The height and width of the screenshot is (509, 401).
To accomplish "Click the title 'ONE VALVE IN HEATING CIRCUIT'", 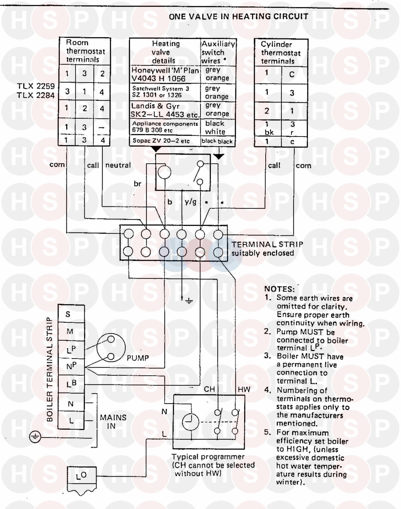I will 238,17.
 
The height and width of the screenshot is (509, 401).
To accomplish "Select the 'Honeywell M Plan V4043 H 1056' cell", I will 165,74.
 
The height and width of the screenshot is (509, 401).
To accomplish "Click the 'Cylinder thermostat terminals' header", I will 281,53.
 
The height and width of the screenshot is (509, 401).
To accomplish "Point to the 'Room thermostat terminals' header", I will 85,51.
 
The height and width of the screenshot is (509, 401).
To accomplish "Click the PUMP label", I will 138,358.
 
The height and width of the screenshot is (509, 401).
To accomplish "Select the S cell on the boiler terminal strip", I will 68,314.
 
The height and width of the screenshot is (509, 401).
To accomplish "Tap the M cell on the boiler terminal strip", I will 70,332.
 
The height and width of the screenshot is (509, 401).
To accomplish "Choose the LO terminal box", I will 81,475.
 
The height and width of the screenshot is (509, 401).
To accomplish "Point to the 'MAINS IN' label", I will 113,422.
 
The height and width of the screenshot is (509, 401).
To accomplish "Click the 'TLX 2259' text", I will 36,86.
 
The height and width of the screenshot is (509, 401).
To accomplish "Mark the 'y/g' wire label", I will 190,202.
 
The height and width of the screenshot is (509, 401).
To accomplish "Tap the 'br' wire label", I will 137,184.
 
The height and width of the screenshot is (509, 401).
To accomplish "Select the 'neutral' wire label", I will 118,165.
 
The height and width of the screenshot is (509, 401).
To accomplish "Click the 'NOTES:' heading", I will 279,289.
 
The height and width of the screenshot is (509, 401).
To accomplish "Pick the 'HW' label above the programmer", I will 244,389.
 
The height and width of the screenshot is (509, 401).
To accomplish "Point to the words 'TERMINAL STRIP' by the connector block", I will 267,244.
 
